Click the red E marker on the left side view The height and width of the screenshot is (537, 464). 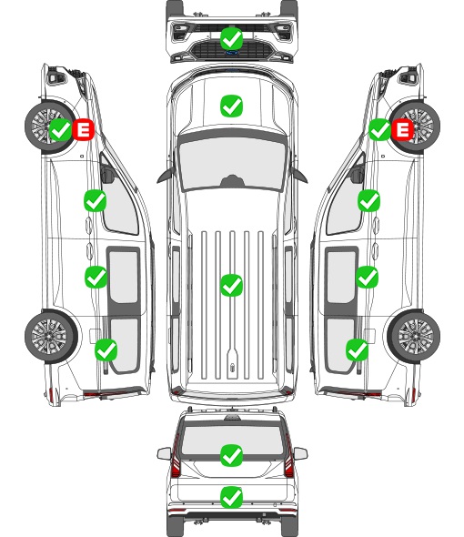(83, 129)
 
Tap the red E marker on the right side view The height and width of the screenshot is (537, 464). (402, 129)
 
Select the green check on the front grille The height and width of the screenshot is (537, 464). (232, 38)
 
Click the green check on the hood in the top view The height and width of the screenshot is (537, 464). (232, 106)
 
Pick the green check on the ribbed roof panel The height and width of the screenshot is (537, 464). (232, 285)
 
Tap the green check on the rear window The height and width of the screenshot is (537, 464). (232, 455)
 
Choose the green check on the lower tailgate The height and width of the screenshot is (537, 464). (232, 497)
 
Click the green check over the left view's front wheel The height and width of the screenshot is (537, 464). (61, 129)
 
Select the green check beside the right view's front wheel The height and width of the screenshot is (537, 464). (379, 129)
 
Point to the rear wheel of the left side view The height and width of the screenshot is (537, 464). (51, 336)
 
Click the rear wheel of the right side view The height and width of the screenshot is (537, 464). (414, 336)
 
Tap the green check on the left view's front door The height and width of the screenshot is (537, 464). (96, 200)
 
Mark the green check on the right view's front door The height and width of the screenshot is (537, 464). (368, 200)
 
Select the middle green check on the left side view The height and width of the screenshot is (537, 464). (96, 277)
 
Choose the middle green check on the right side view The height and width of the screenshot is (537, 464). (368, 277)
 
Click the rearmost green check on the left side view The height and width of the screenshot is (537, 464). (106, 350)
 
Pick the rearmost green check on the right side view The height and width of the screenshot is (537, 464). (358, 350)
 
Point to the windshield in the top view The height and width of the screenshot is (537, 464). (232, 163)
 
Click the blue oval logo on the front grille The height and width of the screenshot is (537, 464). (232, 53)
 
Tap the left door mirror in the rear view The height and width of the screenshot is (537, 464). (164, 454)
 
